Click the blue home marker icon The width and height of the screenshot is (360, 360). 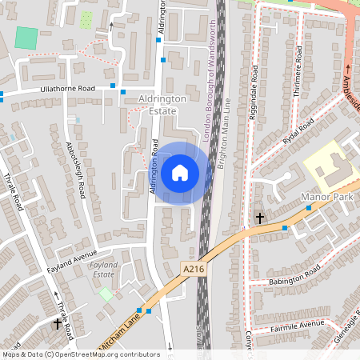(180, 173)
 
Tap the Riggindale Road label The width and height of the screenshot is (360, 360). (254, 92)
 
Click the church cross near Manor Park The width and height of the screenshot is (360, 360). (259, 217)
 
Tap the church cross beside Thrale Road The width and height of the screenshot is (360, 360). (58, 323)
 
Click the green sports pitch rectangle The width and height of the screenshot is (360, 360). (26, 38)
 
